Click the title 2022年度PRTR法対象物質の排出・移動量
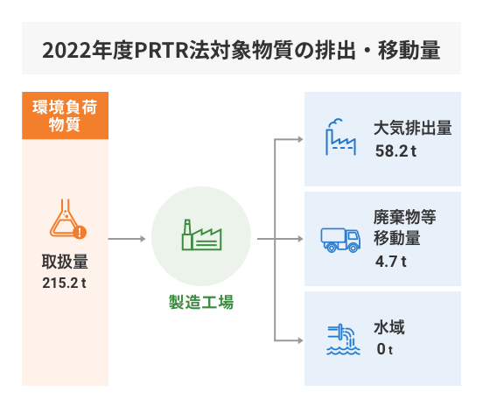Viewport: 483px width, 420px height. (x=241, y=50)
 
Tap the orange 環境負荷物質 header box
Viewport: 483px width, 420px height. (x=65, y=115)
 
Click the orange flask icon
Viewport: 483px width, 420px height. (x=67, y=219)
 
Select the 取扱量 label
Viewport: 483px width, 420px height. (x=65, y=262)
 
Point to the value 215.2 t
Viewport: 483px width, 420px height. (x=64, y=283)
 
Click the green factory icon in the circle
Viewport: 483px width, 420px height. (x=202, y=234)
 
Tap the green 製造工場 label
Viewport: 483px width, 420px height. (x=201, y=302)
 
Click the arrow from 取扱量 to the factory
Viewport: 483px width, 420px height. (x=127, y=239)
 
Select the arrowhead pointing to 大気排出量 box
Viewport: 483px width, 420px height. (x=300, y=140)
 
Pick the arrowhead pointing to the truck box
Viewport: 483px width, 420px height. (x=300, y=239)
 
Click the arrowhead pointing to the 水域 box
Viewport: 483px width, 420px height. (x=300, y=340)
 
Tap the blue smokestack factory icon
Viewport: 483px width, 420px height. (x=340, y=137)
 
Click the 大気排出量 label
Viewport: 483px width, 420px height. (x=413, y=128)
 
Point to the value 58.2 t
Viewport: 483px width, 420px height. (x=395, y=151)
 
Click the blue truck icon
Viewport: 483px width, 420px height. (x=340, y=241)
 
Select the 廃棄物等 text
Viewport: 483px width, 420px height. (x=405, y=217)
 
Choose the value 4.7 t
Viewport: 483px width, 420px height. (x=391, y=262)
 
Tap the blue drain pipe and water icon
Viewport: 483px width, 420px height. (x=343, y=339)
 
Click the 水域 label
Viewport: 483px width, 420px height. (x=389, y=327)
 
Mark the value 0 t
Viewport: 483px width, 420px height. (x=385, y=349)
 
